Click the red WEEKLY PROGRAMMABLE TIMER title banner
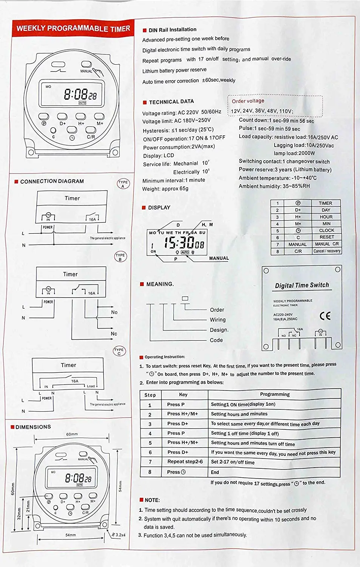click(x=73, y=28)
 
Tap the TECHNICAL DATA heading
click(x=171, y=102)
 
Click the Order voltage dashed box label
click(x=248, y=101)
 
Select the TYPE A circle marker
click(x=123, y=184)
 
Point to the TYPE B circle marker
click(x=120, y=257)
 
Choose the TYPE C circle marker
click(x=119, y=351)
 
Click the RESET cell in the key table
click(x=326, y=237)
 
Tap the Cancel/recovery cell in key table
click(x=327, y=251)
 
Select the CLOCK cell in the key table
click(x=326, y=230)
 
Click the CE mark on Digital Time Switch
click(x=325, y=316)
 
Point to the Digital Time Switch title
click(x=302, y=285)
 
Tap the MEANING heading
click(x=160, y=284)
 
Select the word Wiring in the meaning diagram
click(x=218, y=320)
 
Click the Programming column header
click(x=275, y=394)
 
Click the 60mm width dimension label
click(x=72, y=434)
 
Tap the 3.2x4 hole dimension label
click(x=121, y=535)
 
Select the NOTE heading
click(x=152, y=500)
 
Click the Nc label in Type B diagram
click(x=114, y=334)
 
